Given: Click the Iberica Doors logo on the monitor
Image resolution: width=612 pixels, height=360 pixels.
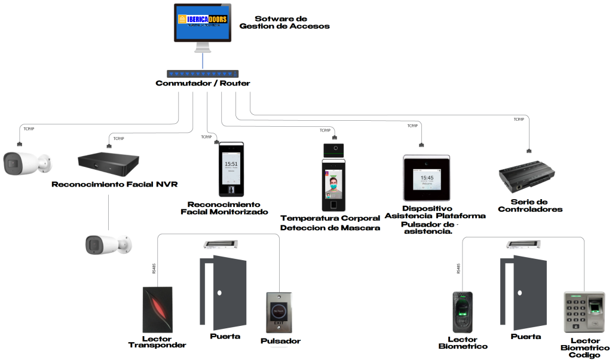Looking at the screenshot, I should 203,20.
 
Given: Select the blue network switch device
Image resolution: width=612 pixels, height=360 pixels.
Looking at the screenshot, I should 203,74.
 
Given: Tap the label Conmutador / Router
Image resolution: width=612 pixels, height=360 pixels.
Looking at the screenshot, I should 203,84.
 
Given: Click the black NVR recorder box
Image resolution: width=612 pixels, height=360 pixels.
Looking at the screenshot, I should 108,160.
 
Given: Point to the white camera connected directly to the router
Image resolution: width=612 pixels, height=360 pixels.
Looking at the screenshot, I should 25,163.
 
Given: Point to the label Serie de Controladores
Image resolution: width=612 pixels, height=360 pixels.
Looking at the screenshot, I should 530,206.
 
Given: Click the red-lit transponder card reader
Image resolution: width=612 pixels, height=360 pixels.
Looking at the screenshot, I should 158,310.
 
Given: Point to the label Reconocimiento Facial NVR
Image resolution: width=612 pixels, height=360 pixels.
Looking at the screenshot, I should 115,184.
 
